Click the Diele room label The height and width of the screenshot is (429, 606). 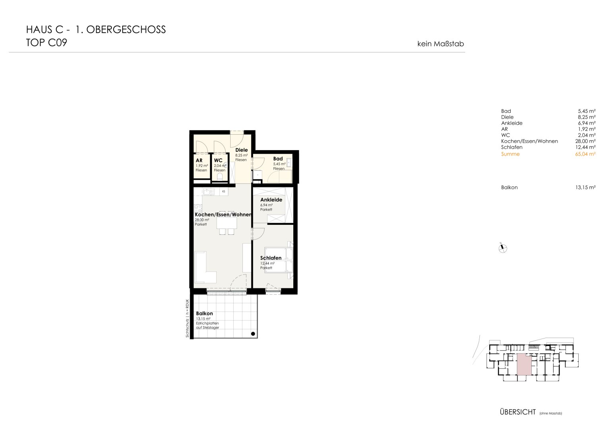point(241,150)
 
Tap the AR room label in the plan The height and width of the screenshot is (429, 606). point(199,160)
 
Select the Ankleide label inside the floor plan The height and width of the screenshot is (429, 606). point(271,200)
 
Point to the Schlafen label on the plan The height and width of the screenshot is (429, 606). point(271,258)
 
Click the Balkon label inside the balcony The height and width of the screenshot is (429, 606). point(204,314)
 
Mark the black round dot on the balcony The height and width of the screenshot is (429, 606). point(253,334)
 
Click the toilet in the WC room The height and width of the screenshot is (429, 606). point(220,177)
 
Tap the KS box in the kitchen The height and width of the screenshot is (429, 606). point(224,191)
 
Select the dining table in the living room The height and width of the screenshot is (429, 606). point(227,223)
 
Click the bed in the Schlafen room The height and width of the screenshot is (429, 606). point(279,260)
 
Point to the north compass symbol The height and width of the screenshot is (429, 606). point(503,248)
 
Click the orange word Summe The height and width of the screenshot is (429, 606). point(510,154)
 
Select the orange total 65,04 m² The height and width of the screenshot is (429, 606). point(585,154)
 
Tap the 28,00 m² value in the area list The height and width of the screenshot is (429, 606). point(585,141)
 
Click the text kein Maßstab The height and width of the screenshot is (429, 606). point(441,44)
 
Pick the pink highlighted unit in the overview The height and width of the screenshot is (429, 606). point(524,365)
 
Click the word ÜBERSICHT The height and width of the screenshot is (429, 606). point(518,412)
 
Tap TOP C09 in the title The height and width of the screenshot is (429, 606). point(46,43)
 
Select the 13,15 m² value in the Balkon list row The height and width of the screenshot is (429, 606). point(585,187)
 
